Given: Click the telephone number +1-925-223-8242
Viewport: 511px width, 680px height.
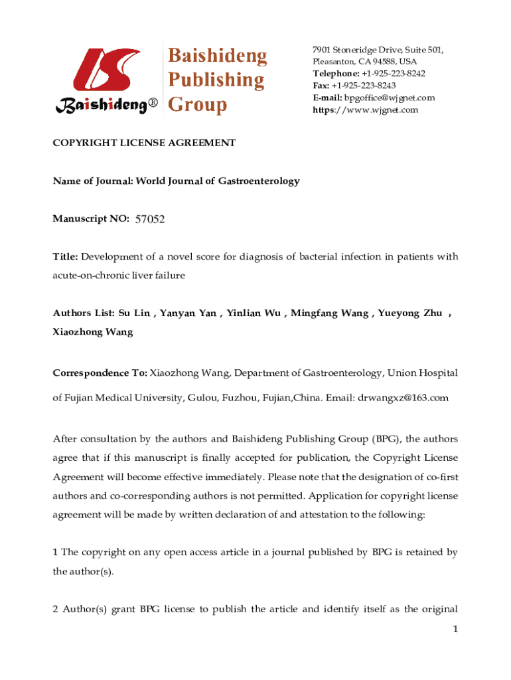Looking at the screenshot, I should [x=394, y=74].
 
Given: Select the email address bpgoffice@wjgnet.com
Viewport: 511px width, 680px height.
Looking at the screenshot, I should [x=389, y=98].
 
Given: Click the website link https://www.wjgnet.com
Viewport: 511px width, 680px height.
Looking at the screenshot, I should [x=366, y=110].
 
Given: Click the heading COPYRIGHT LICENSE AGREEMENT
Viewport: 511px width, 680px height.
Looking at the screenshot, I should [x=144, y=143].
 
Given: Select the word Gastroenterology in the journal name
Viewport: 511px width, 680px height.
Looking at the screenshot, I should [x=259, y=181].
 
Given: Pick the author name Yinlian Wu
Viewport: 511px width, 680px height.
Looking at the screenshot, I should [x=254, y=313].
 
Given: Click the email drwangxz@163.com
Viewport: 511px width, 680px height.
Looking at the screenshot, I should [x=403, y=398].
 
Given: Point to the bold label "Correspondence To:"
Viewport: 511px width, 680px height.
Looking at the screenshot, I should [x=100, y=373].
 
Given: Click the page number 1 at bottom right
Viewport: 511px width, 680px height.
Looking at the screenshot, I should [x=455, y=630].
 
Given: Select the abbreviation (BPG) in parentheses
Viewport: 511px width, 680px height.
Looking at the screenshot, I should [x=385, y=439].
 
